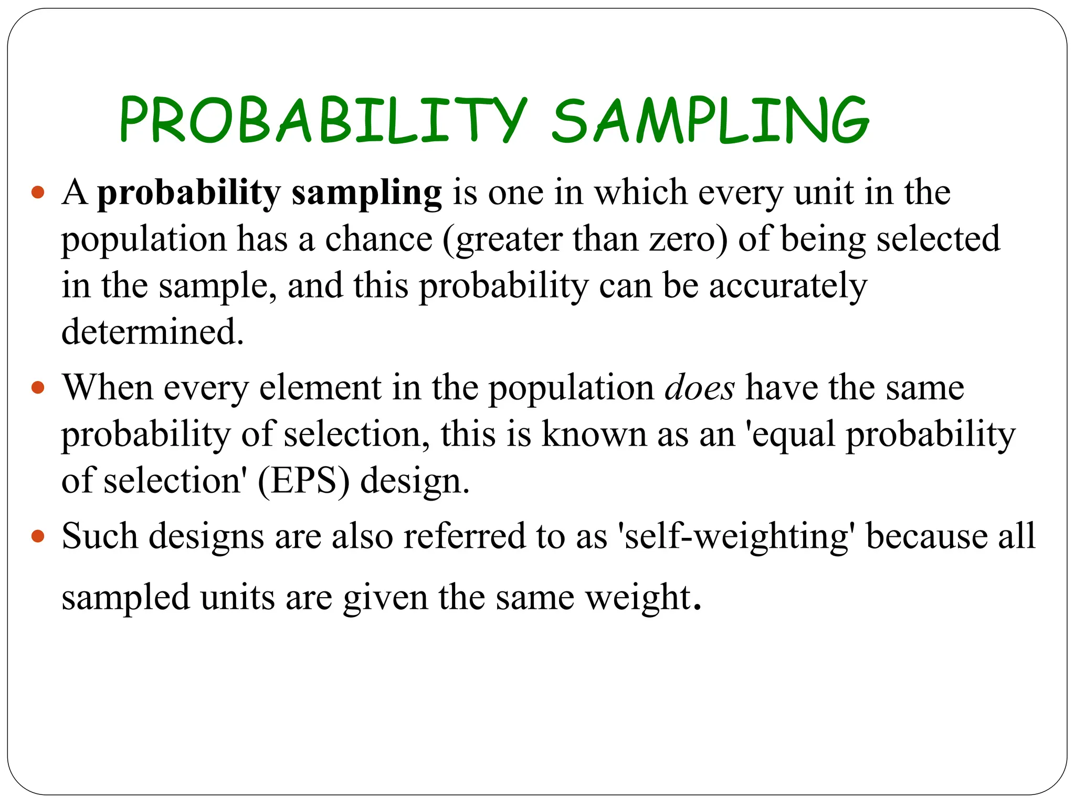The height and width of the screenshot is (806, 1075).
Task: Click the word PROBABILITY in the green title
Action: point(322,120)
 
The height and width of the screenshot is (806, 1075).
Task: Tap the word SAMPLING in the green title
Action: point(710,120)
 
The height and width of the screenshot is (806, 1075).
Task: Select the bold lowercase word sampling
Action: point(366,193)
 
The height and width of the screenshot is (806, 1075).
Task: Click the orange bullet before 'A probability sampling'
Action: point(38,193)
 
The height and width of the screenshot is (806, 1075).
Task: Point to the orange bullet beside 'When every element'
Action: point(38,388)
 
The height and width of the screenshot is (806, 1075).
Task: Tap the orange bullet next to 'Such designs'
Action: point(38,537)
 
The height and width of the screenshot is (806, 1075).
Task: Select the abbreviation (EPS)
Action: point(303,481)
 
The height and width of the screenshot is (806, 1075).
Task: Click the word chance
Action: point(378,239)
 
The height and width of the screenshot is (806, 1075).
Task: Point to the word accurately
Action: point(788,287)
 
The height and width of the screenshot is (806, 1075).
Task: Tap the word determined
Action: point(152,332)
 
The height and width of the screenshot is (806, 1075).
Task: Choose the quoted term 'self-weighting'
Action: point(736,537)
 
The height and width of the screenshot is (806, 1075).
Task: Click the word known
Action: point(594,434)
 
